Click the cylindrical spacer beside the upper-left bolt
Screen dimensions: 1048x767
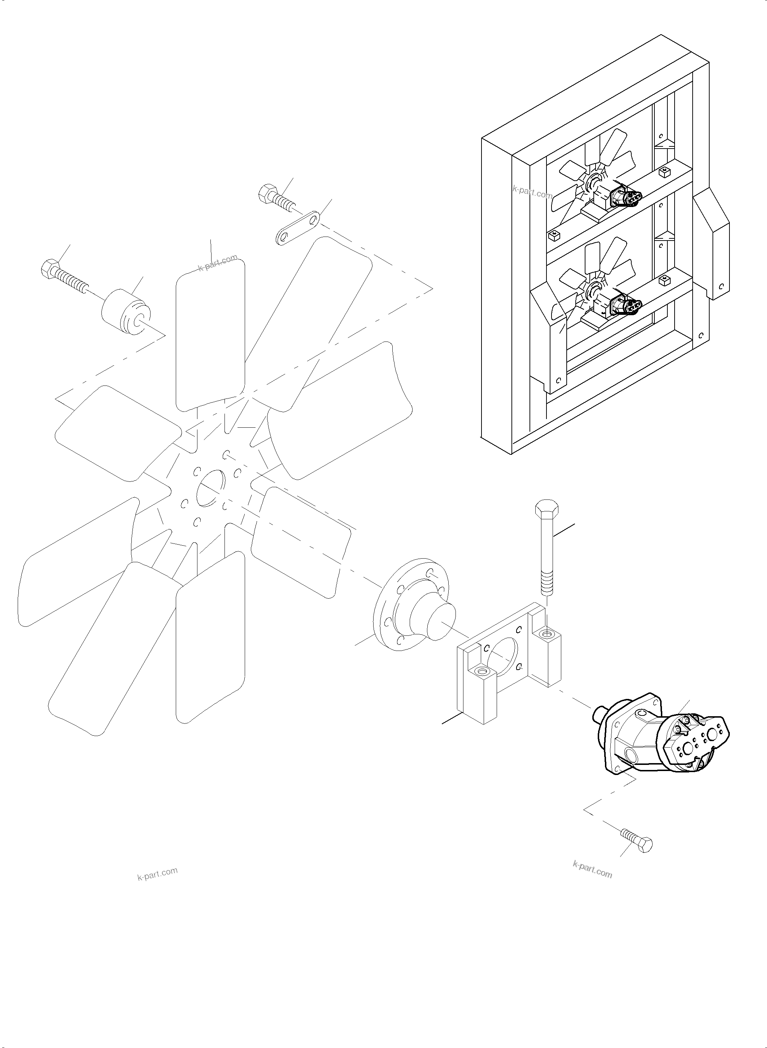[125, 311]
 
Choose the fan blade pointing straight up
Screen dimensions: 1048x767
[210, 334]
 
